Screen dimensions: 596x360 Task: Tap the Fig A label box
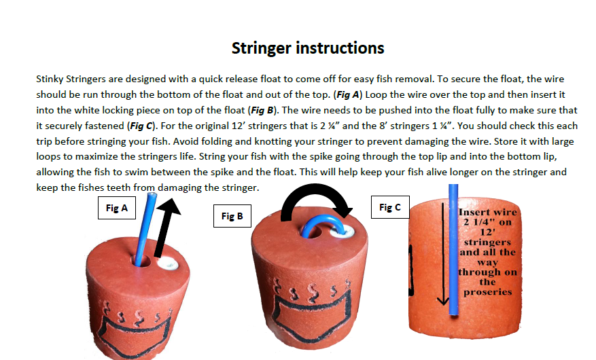coord(117,208)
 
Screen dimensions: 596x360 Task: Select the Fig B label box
coord(232,216)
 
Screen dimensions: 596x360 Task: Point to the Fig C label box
coord(390,207)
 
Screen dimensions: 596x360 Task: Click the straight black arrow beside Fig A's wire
coord(166,228)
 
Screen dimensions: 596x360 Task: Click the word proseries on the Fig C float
coord(488,292)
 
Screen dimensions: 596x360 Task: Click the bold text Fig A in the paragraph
coord(347,94)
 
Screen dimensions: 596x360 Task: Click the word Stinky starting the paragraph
coord(50,79)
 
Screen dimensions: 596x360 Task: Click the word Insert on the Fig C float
coord(473,212)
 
